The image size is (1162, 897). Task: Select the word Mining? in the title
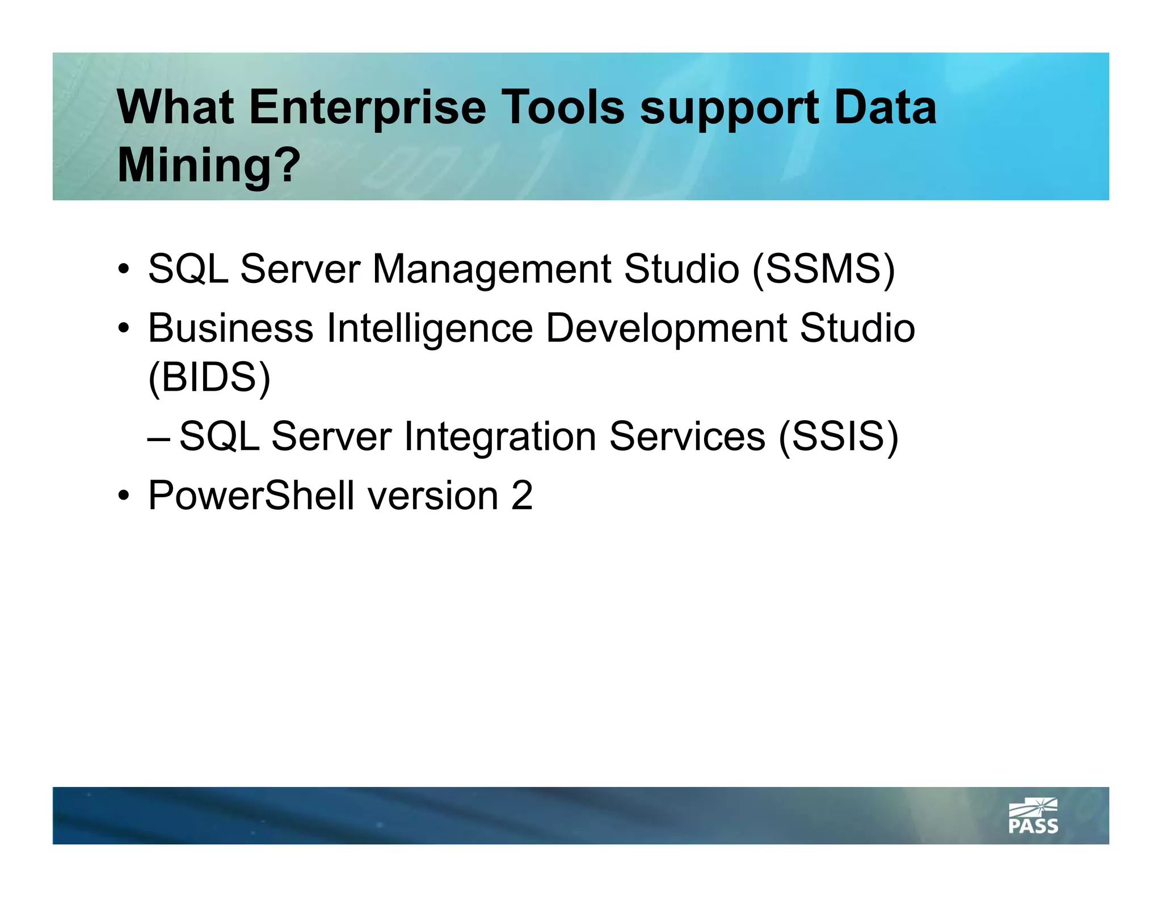tap(208, 165)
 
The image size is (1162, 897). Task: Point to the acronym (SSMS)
tap(823, 269)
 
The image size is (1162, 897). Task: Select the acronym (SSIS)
tap(838, 437)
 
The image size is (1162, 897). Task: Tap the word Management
tap(491, 269)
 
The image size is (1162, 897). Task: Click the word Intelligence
tap(430, 328)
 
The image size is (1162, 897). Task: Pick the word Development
tap(666, 328)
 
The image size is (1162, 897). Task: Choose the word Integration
tap(499, 437)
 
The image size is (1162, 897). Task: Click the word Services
tap(687, 437)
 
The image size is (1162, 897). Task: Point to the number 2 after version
tap(521, 496)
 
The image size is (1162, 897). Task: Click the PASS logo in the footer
tap(1033, 816)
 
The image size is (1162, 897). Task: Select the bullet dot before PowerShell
tap(123, 497)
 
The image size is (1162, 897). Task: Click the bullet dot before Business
tap(123, 329)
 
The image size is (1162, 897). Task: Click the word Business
tap(230, 328)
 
